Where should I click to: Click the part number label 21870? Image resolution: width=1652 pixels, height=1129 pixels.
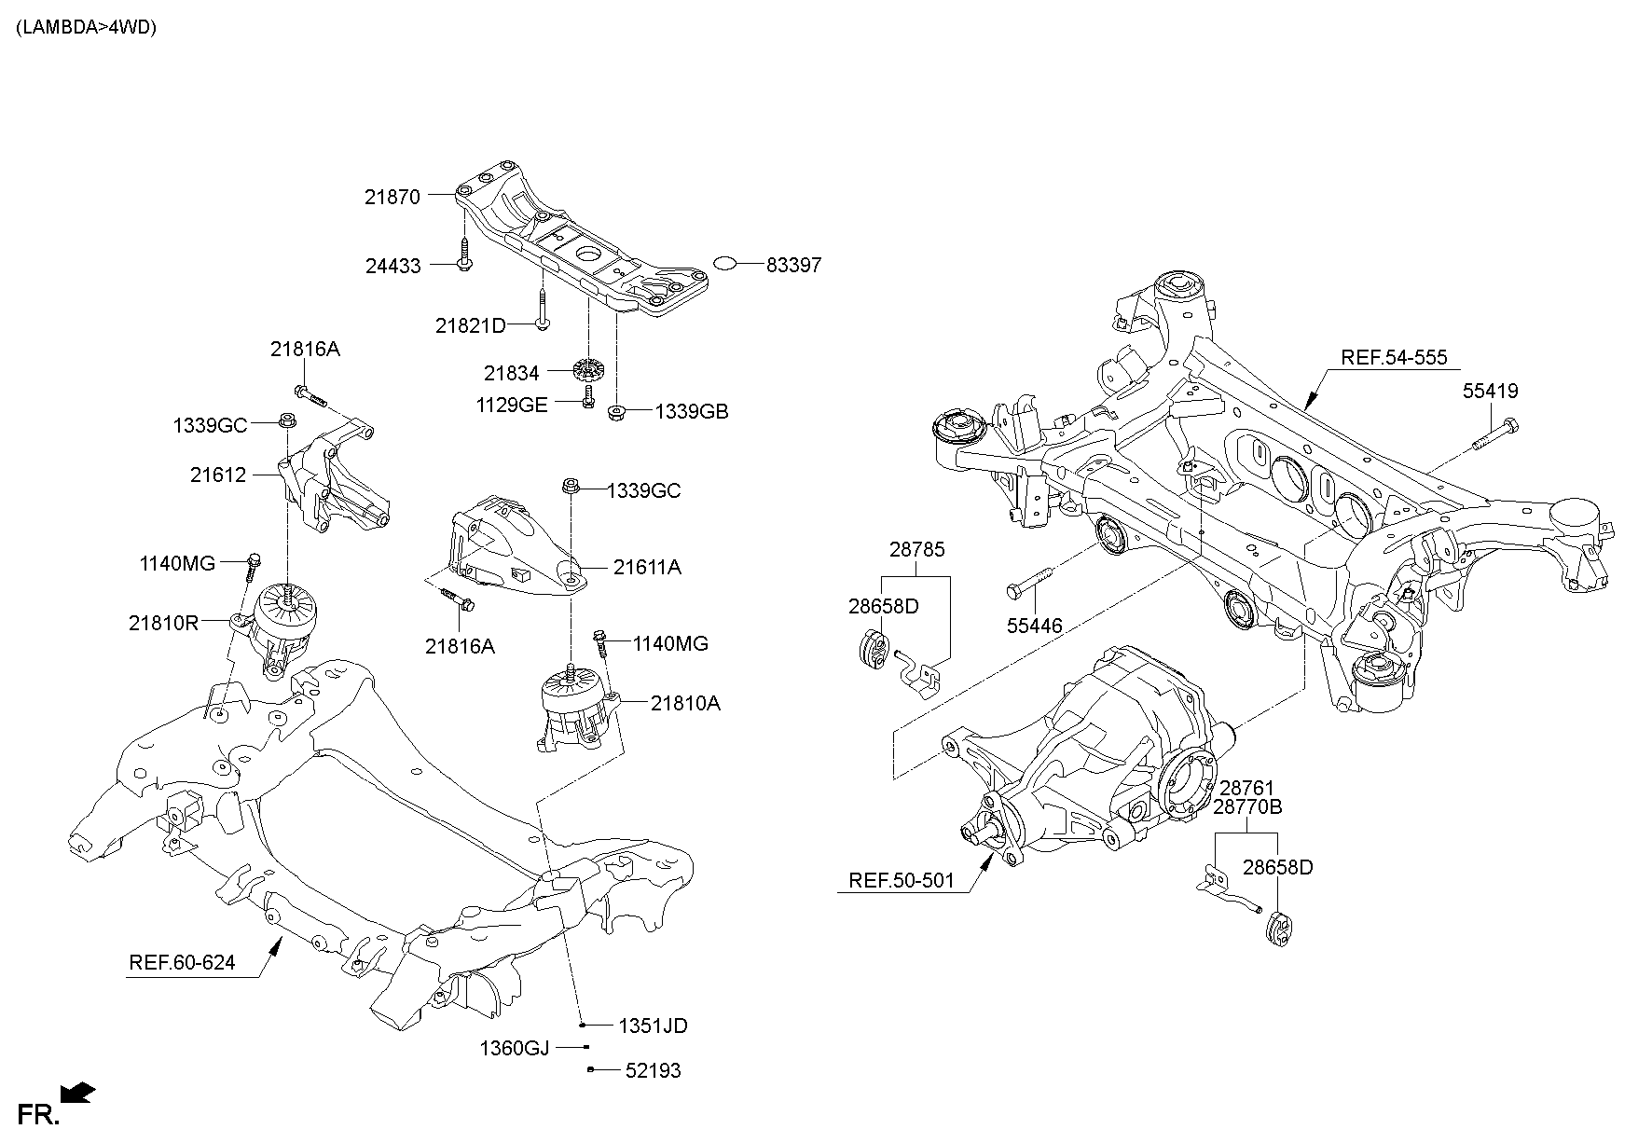(392, 197)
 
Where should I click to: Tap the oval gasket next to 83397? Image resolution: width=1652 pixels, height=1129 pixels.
(724, 264)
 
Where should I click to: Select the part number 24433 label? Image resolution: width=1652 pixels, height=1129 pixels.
(392, 266)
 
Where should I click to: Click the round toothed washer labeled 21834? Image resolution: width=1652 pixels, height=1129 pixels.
(586, 370)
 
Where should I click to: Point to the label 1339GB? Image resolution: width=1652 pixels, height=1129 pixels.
(691, 411)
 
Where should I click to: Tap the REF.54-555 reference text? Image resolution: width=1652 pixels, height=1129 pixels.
(1394, 357)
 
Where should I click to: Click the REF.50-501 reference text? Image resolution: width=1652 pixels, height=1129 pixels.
(902, 880)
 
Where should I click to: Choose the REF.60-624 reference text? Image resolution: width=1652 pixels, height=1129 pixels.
(182, 962)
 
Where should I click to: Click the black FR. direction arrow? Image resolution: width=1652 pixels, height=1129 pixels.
(77, 1092)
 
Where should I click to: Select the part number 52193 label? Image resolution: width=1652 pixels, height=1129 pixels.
(653, 1071)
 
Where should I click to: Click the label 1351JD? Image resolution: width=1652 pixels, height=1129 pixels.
(653, 1026)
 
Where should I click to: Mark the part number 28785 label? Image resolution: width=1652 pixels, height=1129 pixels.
(916, 549)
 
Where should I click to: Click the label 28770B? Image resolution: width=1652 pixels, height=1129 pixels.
(1247, 806)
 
